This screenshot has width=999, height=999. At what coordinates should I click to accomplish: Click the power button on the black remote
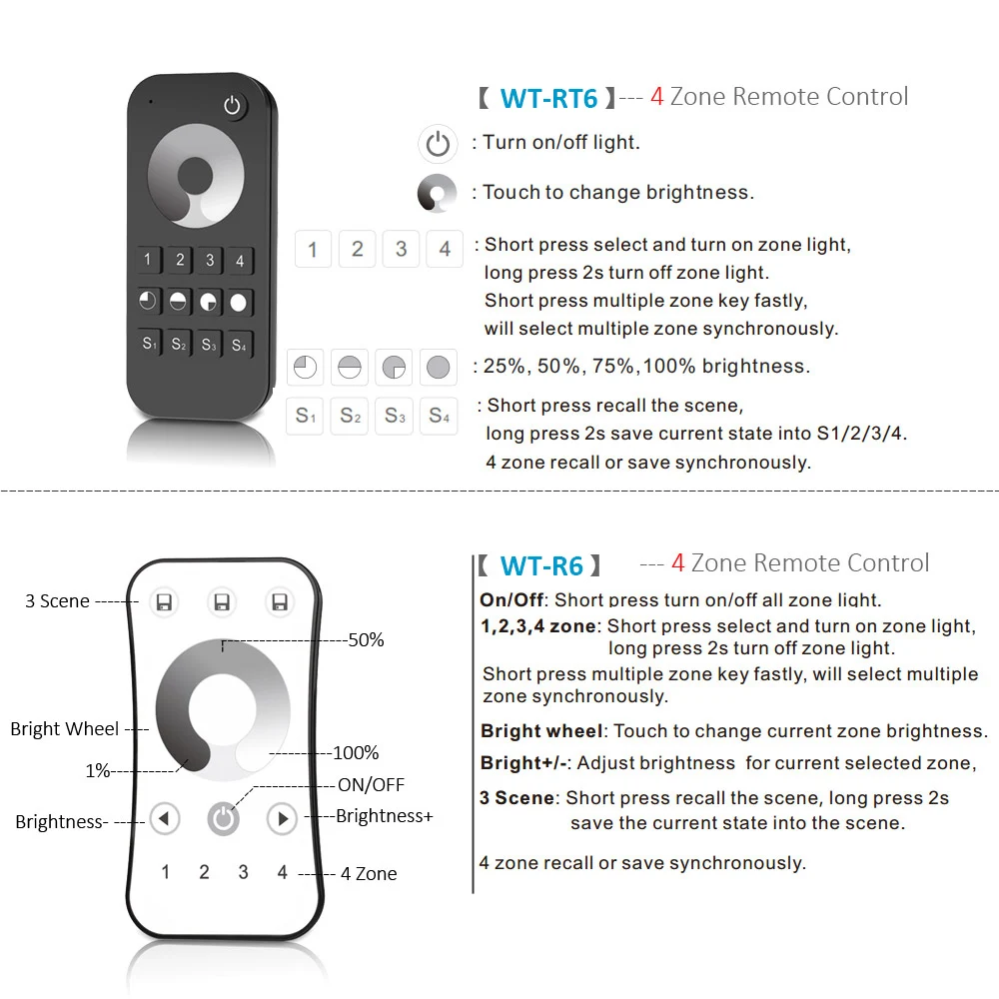(233, 106)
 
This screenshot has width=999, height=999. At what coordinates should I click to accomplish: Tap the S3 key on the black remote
(209, 345)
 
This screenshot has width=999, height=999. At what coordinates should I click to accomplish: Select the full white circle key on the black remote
(239, 302)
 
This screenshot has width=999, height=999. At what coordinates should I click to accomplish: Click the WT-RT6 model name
(548, 98)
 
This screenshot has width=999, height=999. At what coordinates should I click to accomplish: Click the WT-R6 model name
(541, 566)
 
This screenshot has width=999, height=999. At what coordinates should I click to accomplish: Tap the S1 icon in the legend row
(306, 416)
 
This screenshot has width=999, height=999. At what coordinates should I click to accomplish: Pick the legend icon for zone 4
(445, 249)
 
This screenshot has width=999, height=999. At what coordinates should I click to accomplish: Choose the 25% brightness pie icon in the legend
(306, 368)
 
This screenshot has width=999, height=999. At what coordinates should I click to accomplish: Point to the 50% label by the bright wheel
(366, 640)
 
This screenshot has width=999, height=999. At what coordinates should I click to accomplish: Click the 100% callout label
(356, 752)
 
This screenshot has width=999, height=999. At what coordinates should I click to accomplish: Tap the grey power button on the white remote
(224, 819)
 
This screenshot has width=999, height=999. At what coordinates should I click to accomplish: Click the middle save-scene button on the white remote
(223, 602)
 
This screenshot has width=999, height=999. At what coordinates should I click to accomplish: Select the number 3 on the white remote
(243, 872)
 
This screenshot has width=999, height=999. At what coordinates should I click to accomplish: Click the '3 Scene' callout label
(57, 601)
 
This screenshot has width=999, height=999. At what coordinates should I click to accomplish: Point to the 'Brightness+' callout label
(384, 816)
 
